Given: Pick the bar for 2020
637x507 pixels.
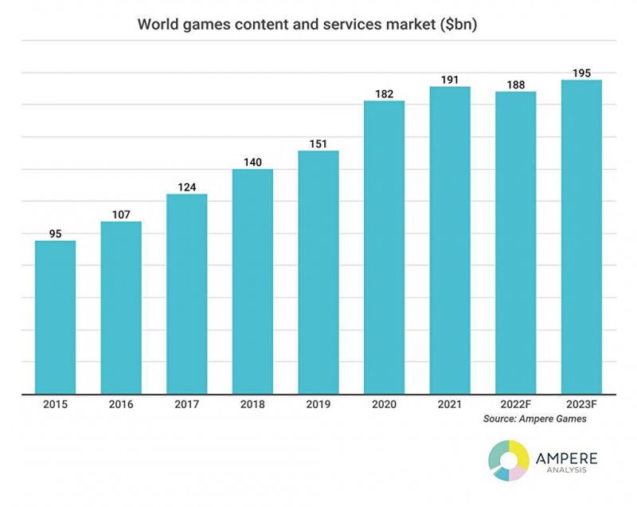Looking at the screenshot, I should coord(384,247).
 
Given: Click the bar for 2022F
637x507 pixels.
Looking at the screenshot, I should coord(515,242).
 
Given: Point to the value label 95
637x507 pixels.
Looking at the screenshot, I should coord(56,234).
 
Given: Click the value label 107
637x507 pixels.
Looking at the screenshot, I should coord(121,214).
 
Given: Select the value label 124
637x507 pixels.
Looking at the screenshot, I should coord(187,187).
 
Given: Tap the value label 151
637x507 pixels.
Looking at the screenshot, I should coord(318,144).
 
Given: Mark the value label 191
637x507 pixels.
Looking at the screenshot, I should coord(450,80).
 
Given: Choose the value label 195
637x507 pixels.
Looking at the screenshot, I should coord(581,73).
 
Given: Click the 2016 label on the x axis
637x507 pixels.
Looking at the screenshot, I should coord(121,405).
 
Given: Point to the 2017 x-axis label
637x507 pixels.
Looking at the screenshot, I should coord(187,405).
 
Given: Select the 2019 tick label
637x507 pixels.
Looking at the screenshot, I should coord(318,405).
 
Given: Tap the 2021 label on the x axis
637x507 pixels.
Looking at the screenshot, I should coord(450,405).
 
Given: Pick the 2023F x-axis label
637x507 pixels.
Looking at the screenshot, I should coord(581,405).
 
